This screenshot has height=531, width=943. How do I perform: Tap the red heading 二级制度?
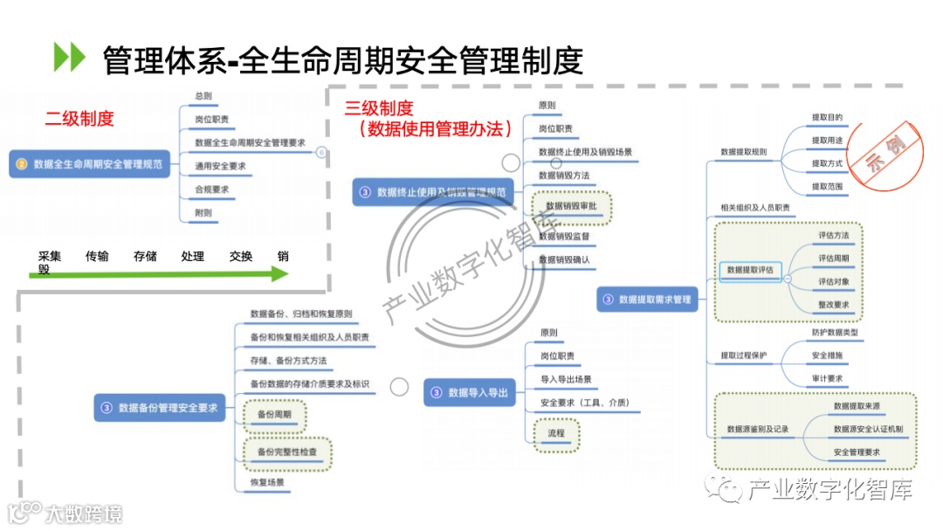click(x=79, y=119)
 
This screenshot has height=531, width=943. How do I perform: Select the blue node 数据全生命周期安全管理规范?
click(x=90, y=163)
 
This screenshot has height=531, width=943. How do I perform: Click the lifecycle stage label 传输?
click(x=97, y=256)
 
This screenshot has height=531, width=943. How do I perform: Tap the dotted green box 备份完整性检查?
click(x=287, y=452)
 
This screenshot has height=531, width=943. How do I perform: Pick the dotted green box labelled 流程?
click(x=556, y=433)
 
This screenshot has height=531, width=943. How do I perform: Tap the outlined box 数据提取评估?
click(x=750, y=271)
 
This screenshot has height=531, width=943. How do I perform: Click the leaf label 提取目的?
click(x=827, y=117)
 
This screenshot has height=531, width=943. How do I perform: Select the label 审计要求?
click(x=827, y=379)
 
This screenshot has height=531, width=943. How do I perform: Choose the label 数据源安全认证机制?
click(x=868, y=429)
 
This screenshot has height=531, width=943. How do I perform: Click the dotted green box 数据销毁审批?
click(x=572, y=206)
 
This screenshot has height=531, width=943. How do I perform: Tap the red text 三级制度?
click(x=379, y=108)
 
